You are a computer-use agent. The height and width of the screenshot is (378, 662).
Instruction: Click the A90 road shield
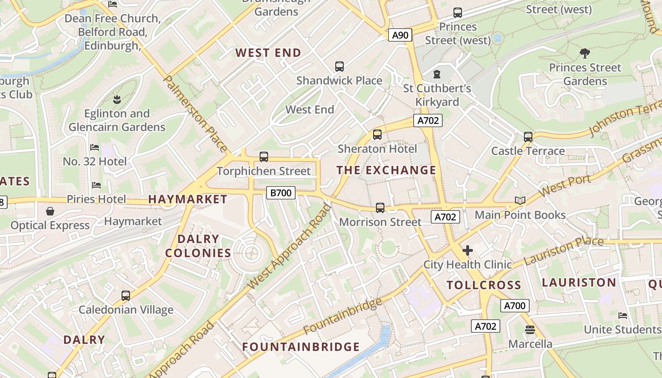pyautogui.click(x=400, y=35)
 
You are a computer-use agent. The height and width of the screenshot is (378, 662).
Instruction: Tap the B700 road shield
pyautogui.click(x=281, y=192)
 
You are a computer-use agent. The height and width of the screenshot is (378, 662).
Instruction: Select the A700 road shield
pyautogui.click(x=514, y=306)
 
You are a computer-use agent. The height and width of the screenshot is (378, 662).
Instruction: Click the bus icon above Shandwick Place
pyautogui.click(x=340, y=67)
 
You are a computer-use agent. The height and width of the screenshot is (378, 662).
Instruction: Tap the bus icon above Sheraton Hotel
pyautogui.click(x=377, y=135)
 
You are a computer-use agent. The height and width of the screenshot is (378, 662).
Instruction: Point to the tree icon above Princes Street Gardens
pyautogui.click(x=585, y=53)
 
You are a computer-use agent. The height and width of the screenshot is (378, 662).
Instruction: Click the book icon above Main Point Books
pyautogui.click(x=520, y=201)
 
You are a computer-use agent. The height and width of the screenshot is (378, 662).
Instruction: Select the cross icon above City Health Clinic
pyautogui.click(x=468, y=250)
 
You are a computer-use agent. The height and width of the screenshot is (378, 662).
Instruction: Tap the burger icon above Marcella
pyautogui.click(x=530, y=329)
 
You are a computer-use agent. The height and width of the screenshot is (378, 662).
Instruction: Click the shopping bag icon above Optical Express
pyautogui.click(x=50, y=211)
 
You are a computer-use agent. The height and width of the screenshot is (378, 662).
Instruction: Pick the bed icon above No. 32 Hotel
pyautogui.click(x=95, y=147)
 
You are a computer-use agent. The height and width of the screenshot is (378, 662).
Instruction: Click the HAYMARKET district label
pyautogui.click(x=188, y=199)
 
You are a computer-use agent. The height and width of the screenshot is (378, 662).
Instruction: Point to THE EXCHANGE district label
pyautogui.click(x=386, y=171)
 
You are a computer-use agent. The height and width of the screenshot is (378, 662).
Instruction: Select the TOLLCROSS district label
pyautogui.click(x=484, y=285)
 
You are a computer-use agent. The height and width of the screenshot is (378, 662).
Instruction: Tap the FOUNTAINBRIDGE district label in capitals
pyautogui.click(x=301, y=347)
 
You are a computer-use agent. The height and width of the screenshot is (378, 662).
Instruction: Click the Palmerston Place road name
pyautogui.click(x=195, y=113)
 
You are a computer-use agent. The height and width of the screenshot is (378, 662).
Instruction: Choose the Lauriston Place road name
pyautogui.click(x=564, y=251)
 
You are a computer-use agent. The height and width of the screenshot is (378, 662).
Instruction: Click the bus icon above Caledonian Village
pyautogui.click(x=126, y=296)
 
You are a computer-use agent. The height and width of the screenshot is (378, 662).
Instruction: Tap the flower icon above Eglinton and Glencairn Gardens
pyautogui.click(x=117, y=99)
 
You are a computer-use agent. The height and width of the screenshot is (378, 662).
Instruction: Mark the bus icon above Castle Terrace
pyautogui.click(x=528, y=137)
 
